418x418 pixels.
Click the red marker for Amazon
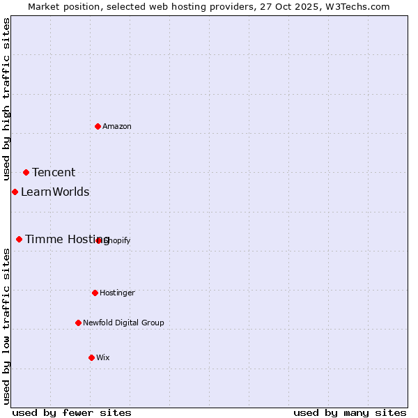point(98,126)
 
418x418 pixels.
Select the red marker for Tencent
point(26,172)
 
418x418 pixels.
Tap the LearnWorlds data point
point(15,192)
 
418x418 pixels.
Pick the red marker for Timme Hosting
point(19,239)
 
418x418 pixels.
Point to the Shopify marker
point(99,240)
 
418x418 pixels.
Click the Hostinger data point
point(95,293)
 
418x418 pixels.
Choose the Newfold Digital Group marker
point(78,323)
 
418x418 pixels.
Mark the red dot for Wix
point(91,357)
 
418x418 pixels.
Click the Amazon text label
point(117,126)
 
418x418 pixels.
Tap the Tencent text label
point(54,173)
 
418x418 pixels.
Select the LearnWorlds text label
point(55,192)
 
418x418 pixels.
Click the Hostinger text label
point(117,293)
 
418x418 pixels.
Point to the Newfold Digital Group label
point(123,323)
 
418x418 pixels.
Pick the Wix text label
point(103,357)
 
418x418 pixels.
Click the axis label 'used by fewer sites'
point(72,412)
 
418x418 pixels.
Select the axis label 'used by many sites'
point(350,412)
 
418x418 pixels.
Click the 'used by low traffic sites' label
point(6,326)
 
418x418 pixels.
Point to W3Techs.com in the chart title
point(359,6)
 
